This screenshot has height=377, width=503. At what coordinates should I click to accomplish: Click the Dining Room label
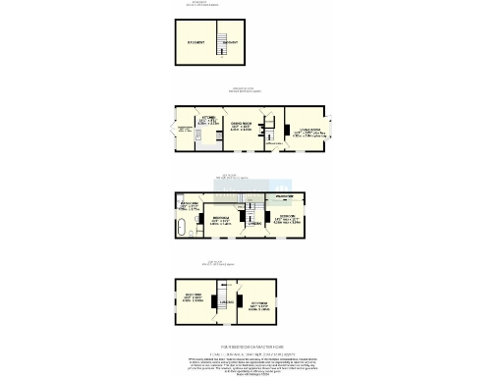(238, 126)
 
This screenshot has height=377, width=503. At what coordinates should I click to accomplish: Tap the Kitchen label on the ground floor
(207, 120)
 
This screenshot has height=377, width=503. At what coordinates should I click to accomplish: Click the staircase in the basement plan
(230, 43)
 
